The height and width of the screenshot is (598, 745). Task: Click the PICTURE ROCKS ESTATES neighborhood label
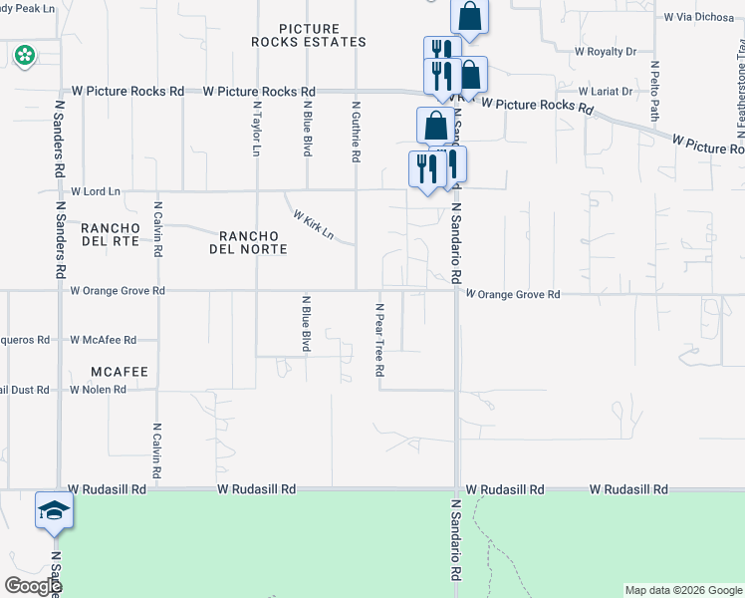[x=308, y=36]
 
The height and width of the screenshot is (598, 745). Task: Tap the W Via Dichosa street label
[x=699, y=17]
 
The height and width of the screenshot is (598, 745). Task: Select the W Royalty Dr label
[x=606, y=51]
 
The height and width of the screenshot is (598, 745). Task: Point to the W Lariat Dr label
[x=606, y=91]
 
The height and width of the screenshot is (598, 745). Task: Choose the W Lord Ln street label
[x=96, y=190]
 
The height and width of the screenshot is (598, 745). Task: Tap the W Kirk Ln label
[x=312, y=224]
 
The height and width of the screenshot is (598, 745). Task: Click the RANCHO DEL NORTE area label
[x=248, y=241]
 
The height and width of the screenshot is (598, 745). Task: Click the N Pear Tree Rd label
[x=379, y=339]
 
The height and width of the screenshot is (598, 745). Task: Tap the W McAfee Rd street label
[x=103, y=340]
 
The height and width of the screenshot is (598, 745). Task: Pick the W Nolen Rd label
[x=98, y=389]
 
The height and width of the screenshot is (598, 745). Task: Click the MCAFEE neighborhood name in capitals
[x=119, y=372]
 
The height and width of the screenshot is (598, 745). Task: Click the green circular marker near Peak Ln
[x=23, y=56]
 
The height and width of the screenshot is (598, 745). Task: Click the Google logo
[x=34, y=586]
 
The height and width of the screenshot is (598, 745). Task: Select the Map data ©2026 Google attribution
[x=683, y=590]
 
